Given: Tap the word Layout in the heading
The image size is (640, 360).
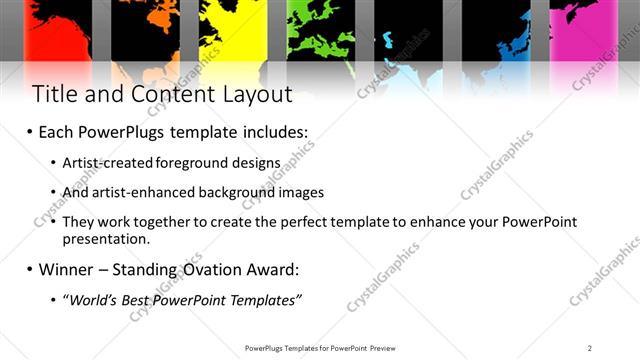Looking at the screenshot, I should [255, 95].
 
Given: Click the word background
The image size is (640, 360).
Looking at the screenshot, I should [239, 192].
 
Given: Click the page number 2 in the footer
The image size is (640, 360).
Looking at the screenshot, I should [590, 347].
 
